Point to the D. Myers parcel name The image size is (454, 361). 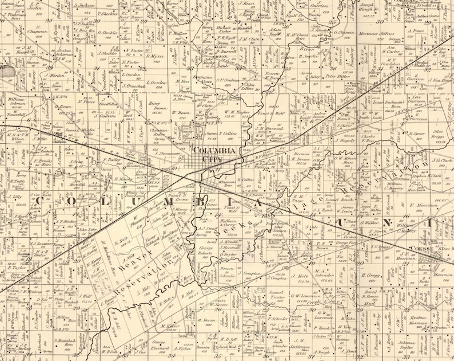tap(156, 57)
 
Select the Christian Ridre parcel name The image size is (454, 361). tap(159, 133)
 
